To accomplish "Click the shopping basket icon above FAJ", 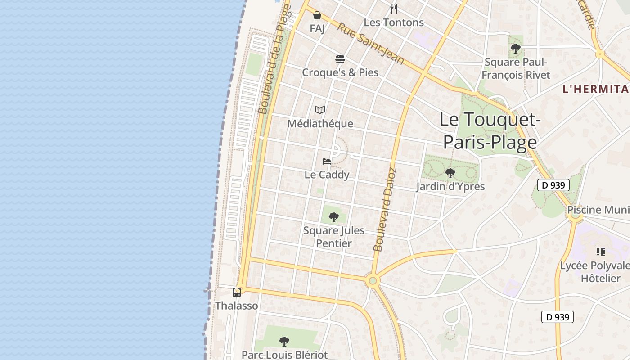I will (x=317, y=16).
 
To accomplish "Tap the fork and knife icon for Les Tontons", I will (x=394, y=9).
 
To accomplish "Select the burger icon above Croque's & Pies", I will (x=340, y=59).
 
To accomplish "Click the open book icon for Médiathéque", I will (x=320, y=110).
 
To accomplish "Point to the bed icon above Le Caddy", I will (x=327, y=162).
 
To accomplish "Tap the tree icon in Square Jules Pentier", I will (x=333, y=217).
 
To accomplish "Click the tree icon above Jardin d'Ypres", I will (x=450, y=173).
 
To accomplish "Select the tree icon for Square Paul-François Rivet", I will (x=516, y=48).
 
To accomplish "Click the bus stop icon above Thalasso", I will (x=237, y=292).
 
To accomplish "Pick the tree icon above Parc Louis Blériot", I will (x=284, y=341).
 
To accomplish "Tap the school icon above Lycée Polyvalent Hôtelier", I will (x=600, y=252).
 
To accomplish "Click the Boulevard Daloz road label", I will (x=385, y=209).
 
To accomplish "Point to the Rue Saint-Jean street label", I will (x=370, y=44).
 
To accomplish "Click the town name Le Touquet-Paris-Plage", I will (x=490, y=131).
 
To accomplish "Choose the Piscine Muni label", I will (x=598, y=210).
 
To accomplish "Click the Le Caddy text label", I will (x=327, y=175).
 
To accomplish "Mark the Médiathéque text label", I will (x=320, y=123).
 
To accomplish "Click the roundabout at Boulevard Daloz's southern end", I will (x=372, y=281).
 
